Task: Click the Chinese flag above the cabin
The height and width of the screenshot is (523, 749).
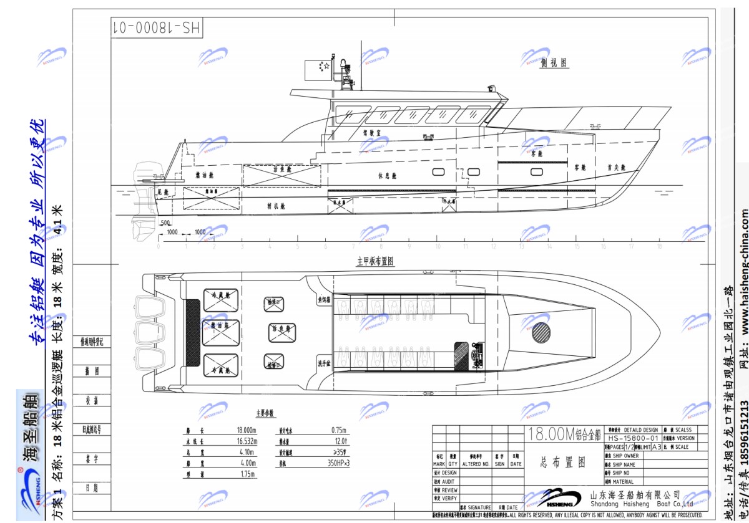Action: [317, 69]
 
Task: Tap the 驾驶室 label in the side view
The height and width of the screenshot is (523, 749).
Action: [372, 132]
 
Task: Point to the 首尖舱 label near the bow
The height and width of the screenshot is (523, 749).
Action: [617, 167]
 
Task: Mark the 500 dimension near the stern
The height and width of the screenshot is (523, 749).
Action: [165, 223]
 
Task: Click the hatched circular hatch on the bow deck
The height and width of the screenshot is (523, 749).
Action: [542, 332]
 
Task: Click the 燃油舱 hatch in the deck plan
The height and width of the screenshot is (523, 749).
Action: [220, 332]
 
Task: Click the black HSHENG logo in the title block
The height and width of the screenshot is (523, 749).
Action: [559, 497]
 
